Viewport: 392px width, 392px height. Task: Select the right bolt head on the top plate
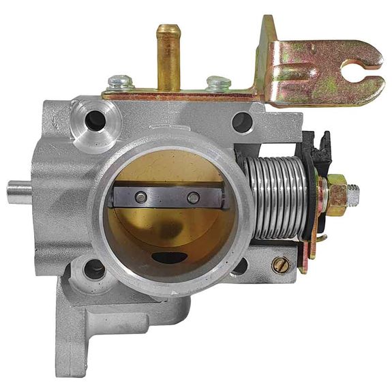[x=217, y=83]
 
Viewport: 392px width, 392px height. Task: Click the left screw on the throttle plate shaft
[x=140, y=198]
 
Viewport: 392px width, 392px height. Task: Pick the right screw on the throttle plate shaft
[x=193, y=198]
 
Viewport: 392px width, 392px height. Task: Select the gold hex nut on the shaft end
[x=336, y=194]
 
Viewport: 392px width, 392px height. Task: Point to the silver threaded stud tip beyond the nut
[x=357, y=194]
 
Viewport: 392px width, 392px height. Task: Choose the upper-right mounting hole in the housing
[x=242, y=122]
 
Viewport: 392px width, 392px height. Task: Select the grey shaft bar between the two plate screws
[x=167, y=198]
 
